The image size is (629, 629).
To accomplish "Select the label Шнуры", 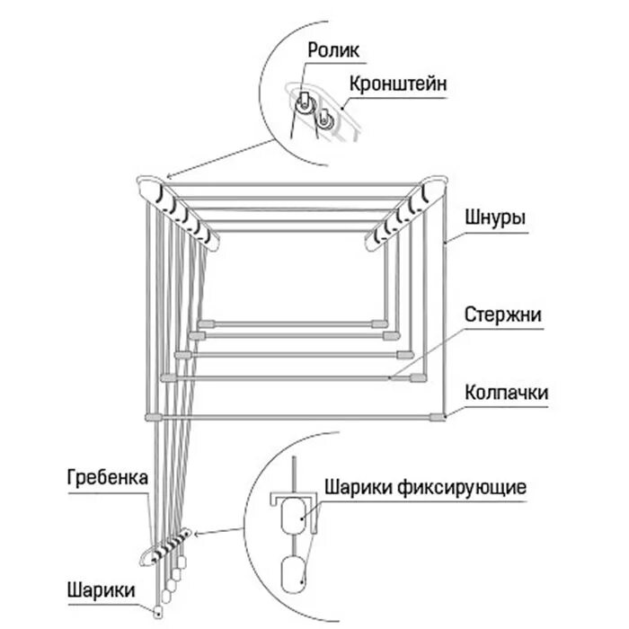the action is point(495,218).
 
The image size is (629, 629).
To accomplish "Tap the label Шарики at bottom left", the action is point(101,591).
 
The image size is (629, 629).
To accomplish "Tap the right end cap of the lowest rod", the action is point(439,416).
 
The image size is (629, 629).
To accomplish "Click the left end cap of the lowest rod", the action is point(150,416).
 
